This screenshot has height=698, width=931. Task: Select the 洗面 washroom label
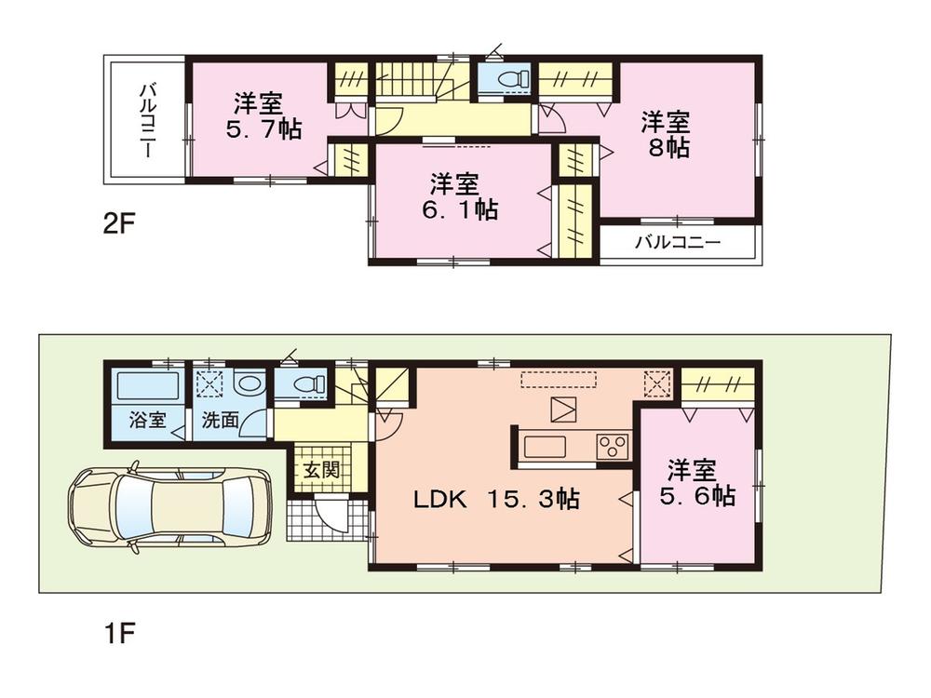click(x=220, y=420)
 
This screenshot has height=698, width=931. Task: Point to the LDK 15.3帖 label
click(x=496, y=500)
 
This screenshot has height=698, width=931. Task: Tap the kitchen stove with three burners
click(x=613, y=446)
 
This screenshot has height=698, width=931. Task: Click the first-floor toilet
click(x=308, y=383)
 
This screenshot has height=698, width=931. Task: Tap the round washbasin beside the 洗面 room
click(x=248, y=383)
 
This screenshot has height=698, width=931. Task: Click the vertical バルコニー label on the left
click(x=146, y=119)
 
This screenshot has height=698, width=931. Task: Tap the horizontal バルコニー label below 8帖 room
click(x=678, y=243)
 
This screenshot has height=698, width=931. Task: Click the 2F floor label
click(x=119, y=224)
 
